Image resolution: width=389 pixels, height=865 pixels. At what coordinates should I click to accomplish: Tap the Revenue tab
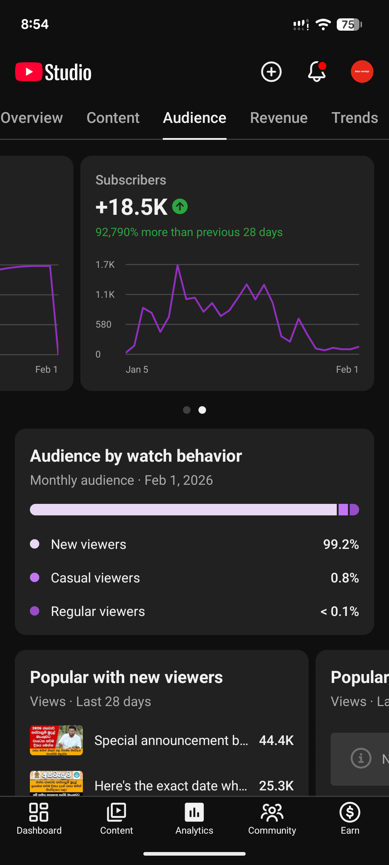click(x=279, y=118)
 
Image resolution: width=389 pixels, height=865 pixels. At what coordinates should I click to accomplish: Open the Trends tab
click(x=354, y=118)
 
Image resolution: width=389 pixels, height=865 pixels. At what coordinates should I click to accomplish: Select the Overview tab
click(x=32, y=118)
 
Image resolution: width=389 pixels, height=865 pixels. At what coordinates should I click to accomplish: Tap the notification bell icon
click(x=317, y=71)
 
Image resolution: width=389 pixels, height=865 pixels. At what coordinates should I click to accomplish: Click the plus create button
click(x=271, y=72)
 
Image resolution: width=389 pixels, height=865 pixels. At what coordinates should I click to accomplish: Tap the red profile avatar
click(x=362, y=71)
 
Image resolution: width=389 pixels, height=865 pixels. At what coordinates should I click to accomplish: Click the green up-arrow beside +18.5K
click(x=180, y=207)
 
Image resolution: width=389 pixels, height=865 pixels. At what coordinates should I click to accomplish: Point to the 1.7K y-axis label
click(x=105, y=265)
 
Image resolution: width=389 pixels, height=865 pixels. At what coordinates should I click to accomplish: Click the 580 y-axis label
click(x=103, y=324)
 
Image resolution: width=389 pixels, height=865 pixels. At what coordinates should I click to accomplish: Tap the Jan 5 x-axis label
click(x=137, y=369)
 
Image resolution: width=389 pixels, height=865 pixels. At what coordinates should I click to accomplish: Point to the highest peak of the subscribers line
click(x=178, y=266)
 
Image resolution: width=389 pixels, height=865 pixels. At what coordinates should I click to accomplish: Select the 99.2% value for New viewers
click(x=341, y=544)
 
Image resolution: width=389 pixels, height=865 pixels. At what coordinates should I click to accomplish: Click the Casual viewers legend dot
click(x=35, y=577)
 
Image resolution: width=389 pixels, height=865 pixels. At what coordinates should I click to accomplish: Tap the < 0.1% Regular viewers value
click(x=340, y=611)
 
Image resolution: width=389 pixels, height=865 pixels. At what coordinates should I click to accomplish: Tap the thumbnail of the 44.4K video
click(x=56, y=740)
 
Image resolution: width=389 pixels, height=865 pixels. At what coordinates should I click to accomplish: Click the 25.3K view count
click(x=276, y=786)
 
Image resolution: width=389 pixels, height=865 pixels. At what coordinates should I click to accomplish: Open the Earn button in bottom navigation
click(x=350, y=818)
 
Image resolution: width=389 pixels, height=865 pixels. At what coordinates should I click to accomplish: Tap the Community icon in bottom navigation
click(x=272, y=812)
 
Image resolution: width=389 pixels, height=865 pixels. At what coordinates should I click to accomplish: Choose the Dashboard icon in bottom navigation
click(x=39, y=812)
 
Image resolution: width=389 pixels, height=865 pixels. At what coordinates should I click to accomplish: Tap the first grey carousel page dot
click(x=187, y=410)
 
